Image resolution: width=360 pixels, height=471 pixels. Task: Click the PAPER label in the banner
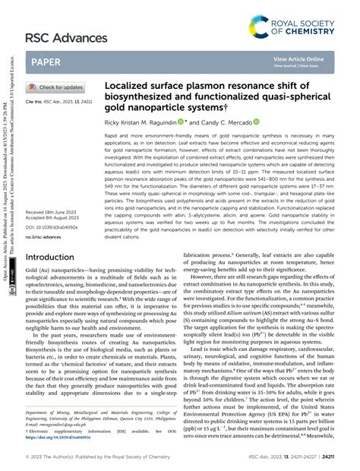(49, 61)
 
